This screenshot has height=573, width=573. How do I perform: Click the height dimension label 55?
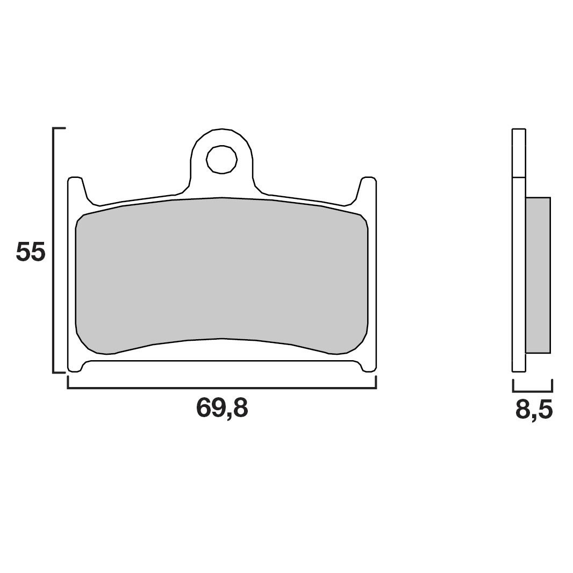(x=30, y=252)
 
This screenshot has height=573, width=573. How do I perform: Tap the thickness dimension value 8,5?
(x=533, y=410)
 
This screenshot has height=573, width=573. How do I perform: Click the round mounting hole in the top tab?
(x=222, y=159)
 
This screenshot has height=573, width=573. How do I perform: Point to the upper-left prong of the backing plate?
(x=76, y=188)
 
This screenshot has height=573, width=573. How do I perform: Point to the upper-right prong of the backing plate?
(x=368, y=188)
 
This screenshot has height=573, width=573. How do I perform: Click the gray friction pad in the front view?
(x=221, y=274)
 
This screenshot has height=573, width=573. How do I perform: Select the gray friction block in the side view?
(x=538, y=275)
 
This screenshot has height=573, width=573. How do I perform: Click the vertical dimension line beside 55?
(x=53, y=250)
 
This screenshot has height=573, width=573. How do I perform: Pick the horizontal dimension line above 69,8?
(x=221, y=388)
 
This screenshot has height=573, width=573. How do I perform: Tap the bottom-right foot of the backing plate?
(x=369, y=367)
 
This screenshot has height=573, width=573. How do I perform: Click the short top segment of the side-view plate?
(x=518, y=153)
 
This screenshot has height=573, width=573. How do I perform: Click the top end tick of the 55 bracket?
(x=59, y=129)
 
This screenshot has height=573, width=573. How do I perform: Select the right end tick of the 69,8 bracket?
(x=376, y=382)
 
